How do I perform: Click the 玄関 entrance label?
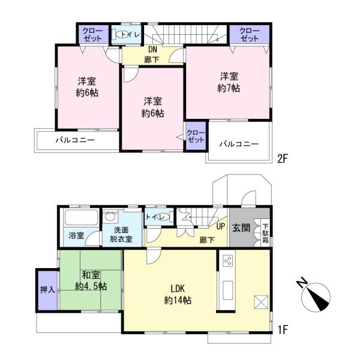(241, 228)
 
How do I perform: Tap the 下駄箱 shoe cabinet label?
(266, 233)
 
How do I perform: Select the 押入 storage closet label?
(47, 290)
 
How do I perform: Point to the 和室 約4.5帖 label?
(91, 280)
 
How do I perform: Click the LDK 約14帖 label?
(178, 295)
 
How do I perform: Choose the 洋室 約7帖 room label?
(229, 82)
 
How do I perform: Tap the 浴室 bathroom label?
(77, 235)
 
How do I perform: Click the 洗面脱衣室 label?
(121, 235)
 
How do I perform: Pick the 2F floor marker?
(283, 158)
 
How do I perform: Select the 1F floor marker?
(283, 330)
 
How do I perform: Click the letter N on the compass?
(302, 283)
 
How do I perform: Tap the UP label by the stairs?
(220, 226)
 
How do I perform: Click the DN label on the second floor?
(152, 50)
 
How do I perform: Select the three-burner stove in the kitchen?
(228, 260)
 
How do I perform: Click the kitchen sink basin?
(228, 290)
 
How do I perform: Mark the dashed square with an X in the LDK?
(261, 302)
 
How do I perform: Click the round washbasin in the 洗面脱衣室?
(110, 217)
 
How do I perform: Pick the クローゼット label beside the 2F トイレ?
(93, 34)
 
